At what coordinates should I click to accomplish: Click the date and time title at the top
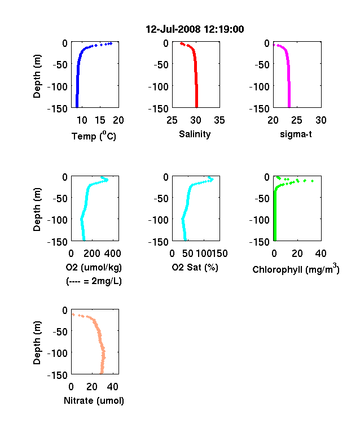click(x=195, y=29)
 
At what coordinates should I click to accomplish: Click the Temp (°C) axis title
click(x=94, y=136)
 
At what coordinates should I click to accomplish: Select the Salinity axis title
click(x=195, y=134)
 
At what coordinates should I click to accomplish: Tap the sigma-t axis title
click(x=296, y=134)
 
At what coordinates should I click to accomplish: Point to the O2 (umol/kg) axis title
click(x=94, y=267)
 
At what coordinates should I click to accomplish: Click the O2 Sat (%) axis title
click(x=195, y=267)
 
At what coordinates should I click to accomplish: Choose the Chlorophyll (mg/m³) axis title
click(x=296, y=268)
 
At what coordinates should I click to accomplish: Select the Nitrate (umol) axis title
click(x=94, y=400)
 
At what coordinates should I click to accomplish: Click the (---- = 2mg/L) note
click(x=94, y=281)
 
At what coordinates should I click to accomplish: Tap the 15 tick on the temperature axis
click(x=100, y=120)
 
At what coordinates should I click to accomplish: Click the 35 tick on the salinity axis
click(x=219, y=120)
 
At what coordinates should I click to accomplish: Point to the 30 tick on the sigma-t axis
click(x=321, y=120)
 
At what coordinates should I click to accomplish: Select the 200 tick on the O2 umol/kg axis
click(x=92, y=254)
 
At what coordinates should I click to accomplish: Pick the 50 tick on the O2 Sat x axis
click(x=188, y=254)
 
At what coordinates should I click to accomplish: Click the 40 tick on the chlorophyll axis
click(x=321, y=254)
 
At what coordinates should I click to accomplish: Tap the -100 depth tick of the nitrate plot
click(x=58, y=354)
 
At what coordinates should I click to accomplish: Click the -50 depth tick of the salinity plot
click(x=161, y=65)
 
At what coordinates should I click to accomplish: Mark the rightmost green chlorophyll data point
click(x=313, y=181)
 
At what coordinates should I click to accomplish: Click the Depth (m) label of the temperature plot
click(x=37, y=76)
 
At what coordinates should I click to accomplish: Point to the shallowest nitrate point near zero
click(x=73, y=315)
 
